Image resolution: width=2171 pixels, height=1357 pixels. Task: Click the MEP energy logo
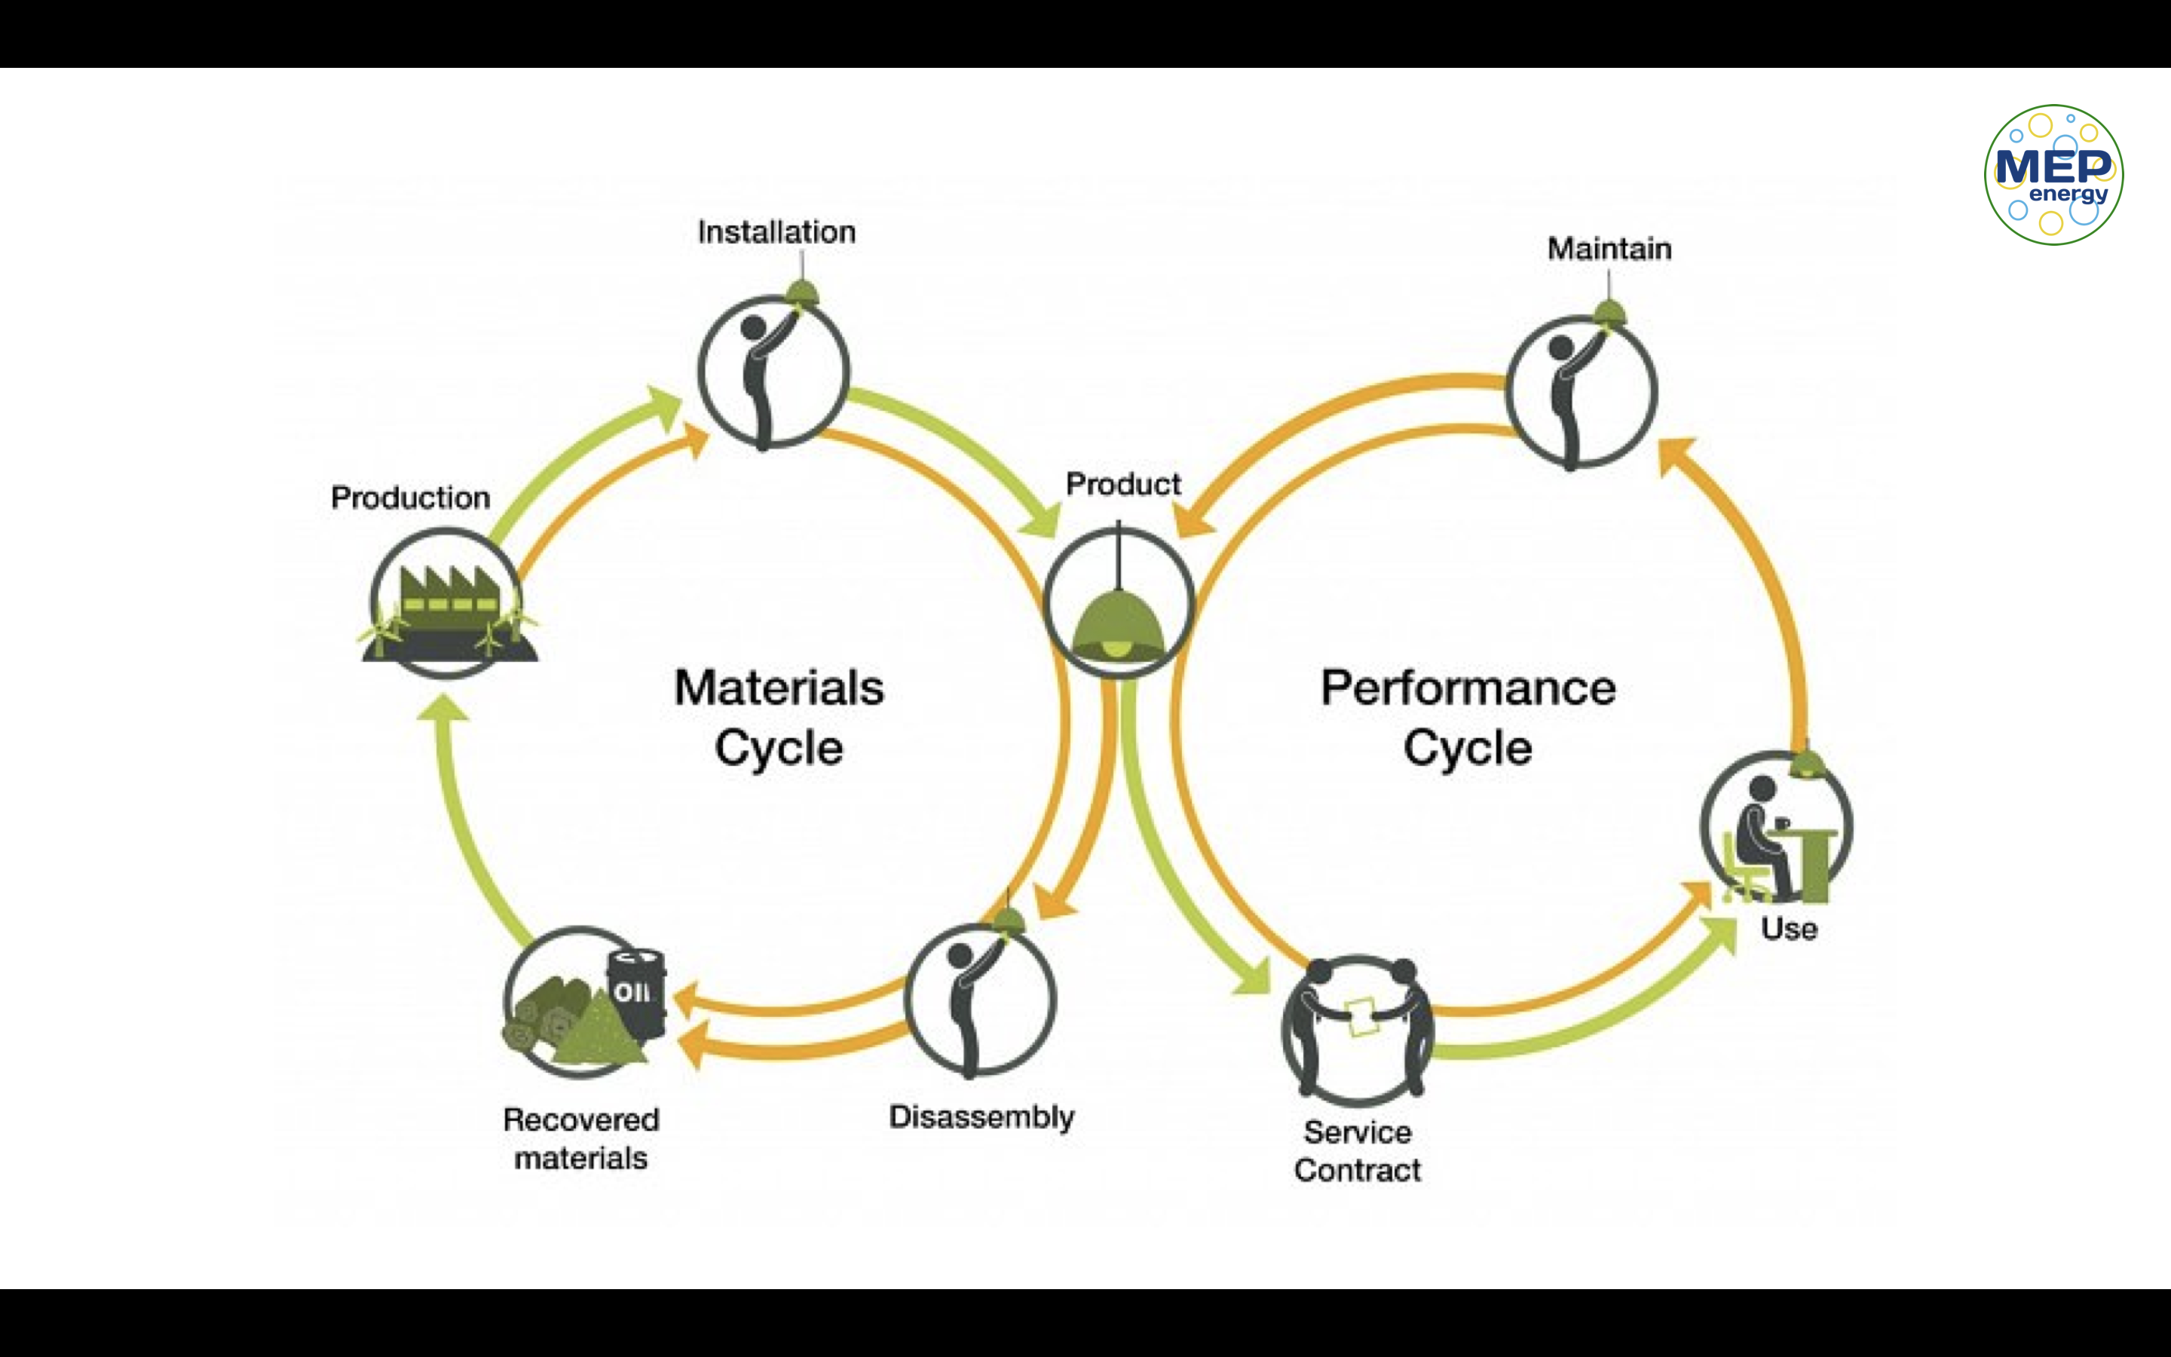click(x=2053, y=174)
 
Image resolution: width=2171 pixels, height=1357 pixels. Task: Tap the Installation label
click(x=777, y=232)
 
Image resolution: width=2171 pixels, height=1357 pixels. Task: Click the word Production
click(x=410, y=498)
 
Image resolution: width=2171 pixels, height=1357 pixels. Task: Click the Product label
click(x=1123, y=485)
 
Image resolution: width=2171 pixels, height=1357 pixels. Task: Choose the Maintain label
click(x=1609, y=249)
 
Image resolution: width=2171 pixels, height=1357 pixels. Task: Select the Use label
click(x=1789, y=929)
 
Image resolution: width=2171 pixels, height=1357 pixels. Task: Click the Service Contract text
click(x=1358, y=1151)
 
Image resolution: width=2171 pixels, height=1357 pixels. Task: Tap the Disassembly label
click(x=981, y=1117)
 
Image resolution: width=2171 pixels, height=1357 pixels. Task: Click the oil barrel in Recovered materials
click(x=636, y=991)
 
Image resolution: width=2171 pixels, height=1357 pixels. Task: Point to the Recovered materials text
click(x=581, y=1139)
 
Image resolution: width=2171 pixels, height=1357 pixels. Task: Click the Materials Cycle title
click(x=779, y=717)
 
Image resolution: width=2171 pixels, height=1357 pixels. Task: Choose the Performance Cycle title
click(x=1468, y=717)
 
